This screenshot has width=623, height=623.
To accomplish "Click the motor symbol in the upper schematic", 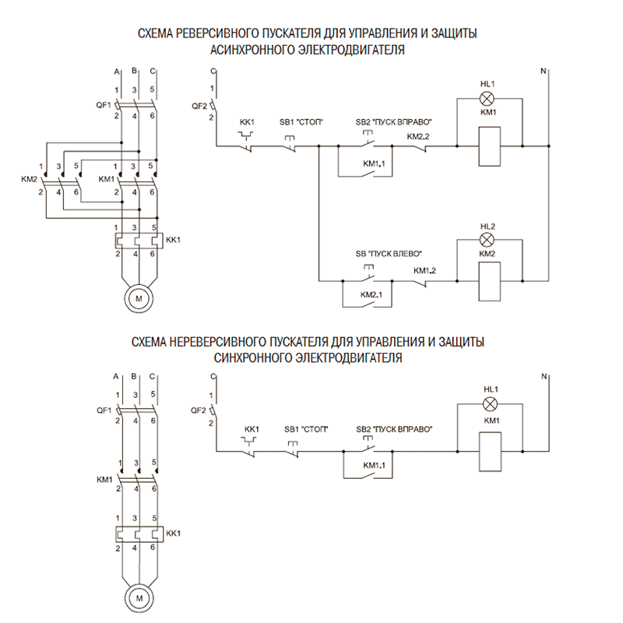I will point(137,298).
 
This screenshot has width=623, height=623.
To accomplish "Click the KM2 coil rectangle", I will point(487,278).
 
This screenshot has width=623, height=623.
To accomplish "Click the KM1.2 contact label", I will point(424,270).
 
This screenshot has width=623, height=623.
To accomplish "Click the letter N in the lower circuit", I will point(544,377).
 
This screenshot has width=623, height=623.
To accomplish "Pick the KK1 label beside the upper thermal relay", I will point(173,239).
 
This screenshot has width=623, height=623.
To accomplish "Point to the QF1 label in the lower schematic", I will point(103,410).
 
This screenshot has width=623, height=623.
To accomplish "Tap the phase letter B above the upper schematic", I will point(136,72).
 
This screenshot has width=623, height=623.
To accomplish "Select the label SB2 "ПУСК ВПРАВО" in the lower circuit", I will point(394,429).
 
